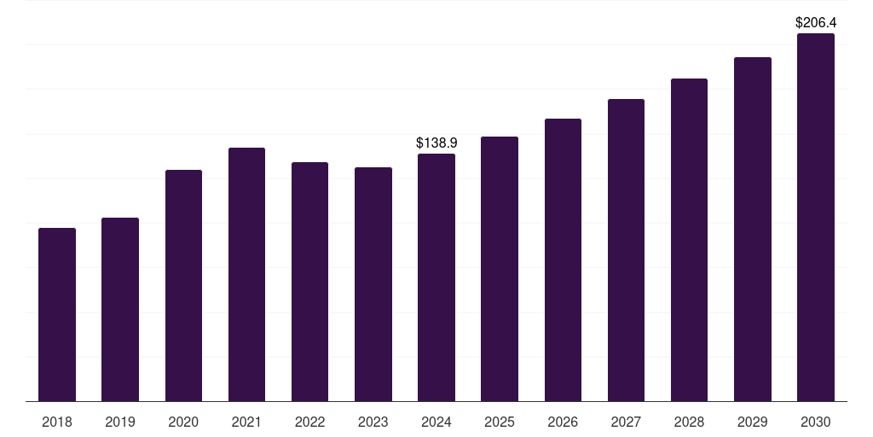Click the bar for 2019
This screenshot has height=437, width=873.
tap(120, 309)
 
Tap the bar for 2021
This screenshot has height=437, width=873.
tap(246, 274)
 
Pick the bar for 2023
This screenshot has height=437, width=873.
tap(373, 284)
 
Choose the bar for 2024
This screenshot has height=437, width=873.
tap(436, 277)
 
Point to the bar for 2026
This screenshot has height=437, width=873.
tap(563, 259)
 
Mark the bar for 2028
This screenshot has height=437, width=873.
tap(689, 240)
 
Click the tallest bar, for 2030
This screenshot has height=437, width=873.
tap(815, 218)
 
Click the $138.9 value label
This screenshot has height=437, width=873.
tap(436, 143)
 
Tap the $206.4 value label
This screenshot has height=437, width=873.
tap(815, 22)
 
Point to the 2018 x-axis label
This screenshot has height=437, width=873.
tap(57, 422)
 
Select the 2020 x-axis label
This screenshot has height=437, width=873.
tap(183, 422)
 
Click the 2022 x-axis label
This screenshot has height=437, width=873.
tap(309, 422)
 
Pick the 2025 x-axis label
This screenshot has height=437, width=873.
tap(500, 422)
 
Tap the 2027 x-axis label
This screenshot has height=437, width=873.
tap(626, 422)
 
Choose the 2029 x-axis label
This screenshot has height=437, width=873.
tap(752, 422)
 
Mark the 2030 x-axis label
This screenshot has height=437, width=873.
tap(815, 422)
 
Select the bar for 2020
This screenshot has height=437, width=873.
tap(183, 285)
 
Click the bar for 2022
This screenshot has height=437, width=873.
tap(309, 282)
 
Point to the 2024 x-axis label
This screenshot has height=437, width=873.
tap(436, 422)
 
